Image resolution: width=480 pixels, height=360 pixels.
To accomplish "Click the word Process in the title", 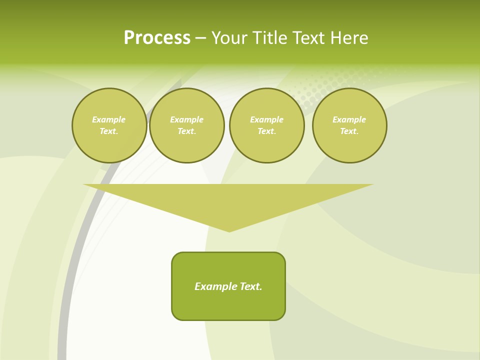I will (x=157, y=38).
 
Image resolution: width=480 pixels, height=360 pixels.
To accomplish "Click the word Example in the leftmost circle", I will (x=109, y=119).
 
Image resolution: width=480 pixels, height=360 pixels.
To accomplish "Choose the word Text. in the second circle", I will (x=187, y=131).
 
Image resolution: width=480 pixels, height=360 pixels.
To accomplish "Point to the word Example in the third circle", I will (x=267, y=119).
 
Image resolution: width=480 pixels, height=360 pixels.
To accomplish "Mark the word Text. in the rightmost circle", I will (x=349, y=131).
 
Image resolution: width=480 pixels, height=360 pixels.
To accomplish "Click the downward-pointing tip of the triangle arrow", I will (x=229, y=230).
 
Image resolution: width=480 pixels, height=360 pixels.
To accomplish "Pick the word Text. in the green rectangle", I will (x=251, y=286).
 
